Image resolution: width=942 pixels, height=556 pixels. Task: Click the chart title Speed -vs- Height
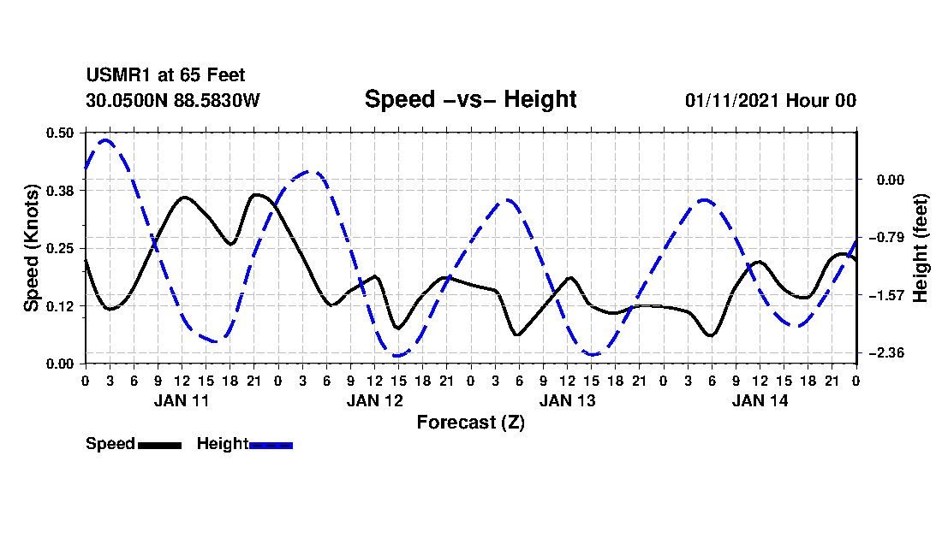(x=470, y=99)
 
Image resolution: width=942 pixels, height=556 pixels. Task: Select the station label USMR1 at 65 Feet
(x=165, y=76)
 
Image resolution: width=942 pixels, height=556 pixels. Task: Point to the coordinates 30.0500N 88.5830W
(x=172, y=100)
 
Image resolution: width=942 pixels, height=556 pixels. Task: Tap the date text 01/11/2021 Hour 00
(x=770, y=100)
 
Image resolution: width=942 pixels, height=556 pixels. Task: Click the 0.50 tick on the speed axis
(x=61, y=133)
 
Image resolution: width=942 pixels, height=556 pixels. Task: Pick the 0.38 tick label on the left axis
(x=61, y=190)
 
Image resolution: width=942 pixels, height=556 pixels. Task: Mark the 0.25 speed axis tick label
(x=61, y=248)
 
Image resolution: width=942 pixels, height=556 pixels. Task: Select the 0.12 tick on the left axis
(x=61, y=306)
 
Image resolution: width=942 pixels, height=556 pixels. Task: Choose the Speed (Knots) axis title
(x=32, y=248)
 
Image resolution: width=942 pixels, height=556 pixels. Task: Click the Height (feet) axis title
(x=921, y=248)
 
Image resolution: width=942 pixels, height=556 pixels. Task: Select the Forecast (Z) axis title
(x=470, y=422)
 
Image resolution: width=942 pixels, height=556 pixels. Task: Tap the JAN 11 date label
(x=182, y=400)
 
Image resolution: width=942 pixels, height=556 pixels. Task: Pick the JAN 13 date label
(x=567, y=400)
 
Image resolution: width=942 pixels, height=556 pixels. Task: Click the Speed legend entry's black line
(x=159, y=445)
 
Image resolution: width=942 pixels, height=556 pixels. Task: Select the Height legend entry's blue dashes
(x=271, y=445)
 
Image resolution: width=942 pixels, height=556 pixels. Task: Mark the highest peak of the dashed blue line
(x=106, y=139)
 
